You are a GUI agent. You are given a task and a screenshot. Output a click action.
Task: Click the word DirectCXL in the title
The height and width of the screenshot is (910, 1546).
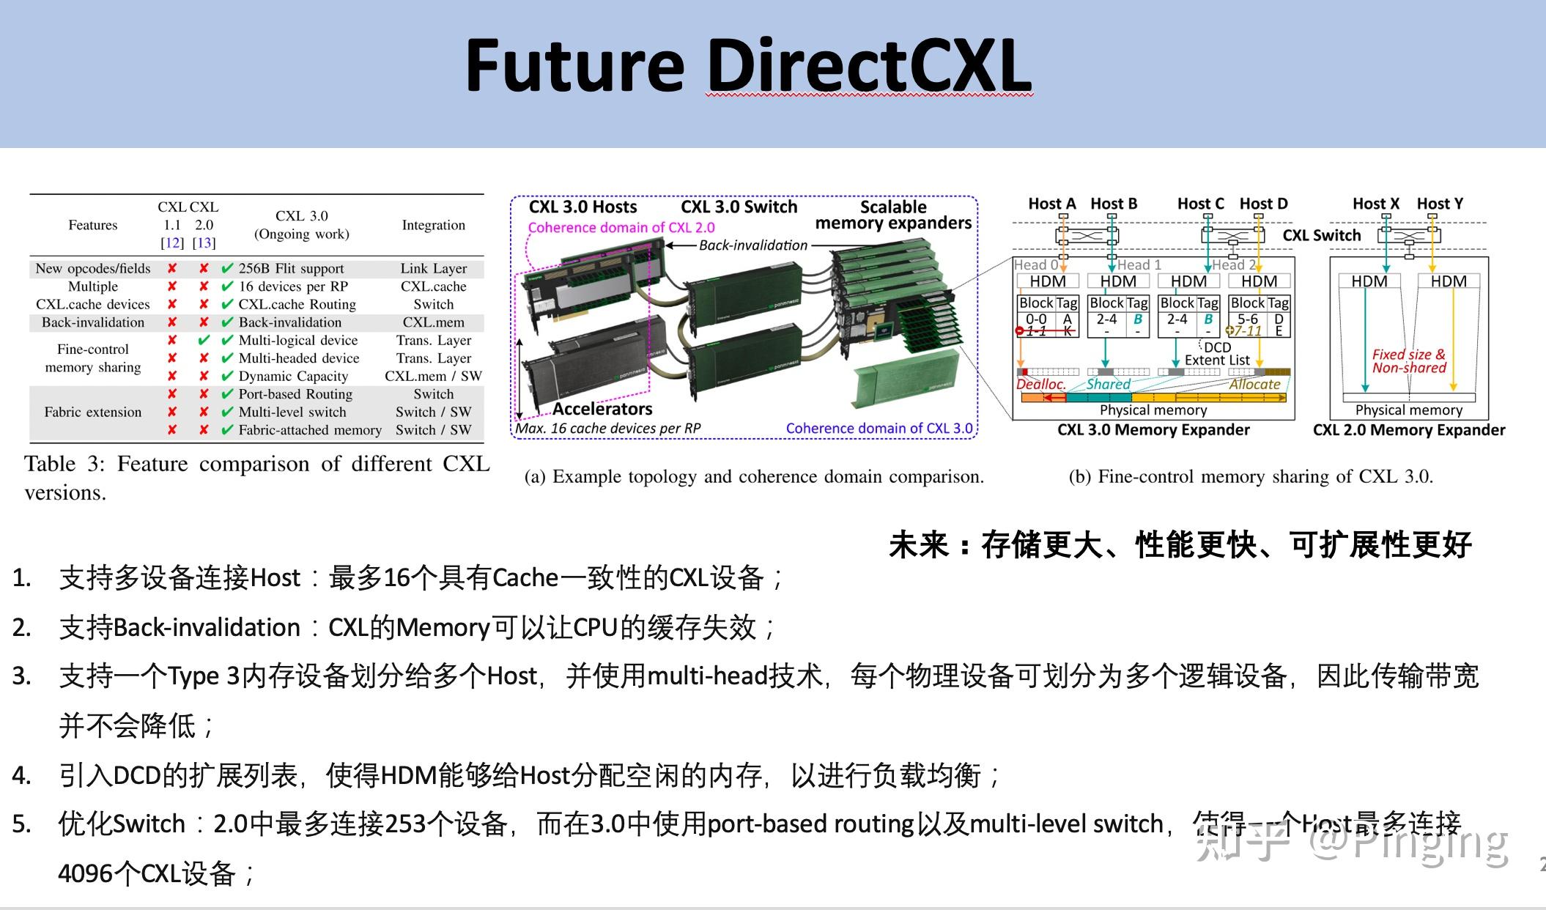(869, 66)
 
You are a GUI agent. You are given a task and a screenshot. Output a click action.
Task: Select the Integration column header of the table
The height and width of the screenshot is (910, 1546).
(433, 225)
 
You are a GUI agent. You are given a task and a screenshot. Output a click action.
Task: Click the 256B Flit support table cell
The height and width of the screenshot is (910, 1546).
(291, 269)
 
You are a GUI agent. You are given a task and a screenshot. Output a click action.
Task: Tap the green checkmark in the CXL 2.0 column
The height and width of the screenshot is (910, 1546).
(204, 340)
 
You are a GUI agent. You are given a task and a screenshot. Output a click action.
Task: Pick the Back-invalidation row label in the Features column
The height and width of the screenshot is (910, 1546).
(93, 322)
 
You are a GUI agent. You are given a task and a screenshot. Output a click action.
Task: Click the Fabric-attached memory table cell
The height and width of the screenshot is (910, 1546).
(309, 430)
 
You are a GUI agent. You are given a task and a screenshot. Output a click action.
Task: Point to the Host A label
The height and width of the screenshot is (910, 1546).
(1051, 204)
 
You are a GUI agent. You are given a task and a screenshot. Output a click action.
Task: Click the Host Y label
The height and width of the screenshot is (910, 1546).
(1439, 204)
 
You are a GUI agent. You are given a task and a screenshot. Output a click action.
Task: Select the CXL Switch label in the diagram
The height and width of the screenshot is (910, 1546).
(1321, 235)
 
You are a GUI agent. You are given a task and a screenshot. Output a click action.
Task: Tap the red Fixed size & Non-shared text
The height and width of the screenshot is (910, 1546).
(1408, 361)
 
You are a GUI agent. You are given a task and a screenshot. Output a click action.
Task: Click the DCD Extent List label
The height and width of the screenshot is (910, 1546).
(1217, 354)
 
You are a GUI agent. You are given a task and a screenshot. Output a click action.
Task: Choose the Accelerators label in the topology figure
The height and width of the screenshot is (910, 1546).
(602, 409)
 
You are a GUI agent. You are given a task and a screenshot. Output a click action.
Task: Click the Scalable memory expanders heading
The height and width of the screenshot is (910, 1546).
(893, 215)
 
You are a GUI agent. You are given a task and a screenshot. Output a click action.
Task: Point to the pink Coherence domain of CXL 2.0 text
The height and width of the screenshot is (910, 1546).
(621, 228)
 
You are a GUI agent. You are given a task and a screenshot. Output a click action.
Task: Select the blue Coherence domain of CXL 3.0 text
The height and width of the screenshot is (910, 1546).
(879, 429)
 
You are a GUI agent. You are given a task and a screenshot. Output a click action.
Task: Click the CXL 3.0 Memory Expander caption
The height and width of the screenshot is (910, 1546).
(1153, 430)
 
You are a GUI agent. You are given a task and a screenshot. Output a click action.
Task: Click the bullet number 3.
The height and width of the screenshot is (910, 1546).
(21, 676)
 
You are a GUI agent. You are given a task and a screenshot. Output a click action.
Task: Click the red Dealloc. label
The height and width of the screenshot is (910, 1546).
(1040, 384)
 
